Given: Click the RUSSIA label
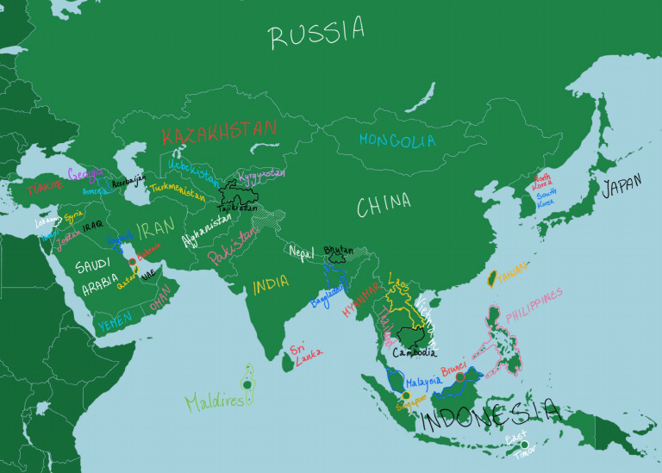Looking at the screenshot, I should (x=316, y=34).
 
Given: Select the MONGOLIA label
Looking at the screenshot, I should (x=398, y=140).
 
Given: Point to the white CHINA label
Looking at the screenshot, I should (x=384, y=205).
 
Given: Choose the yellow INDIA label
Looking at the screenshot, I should (x=272, y=284).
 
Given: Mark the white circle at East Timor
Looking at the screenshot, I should (x=524, y=445).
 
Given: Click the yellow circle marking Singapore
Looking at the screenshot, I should (x=406, y=395).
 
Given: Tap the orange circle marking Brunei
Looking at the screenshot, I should (x=460, y=377).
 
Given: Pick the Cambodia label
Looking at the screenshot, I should (x=415, y=352).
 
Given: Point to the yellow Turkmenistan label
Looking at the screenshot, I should (x=178, y=190).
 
